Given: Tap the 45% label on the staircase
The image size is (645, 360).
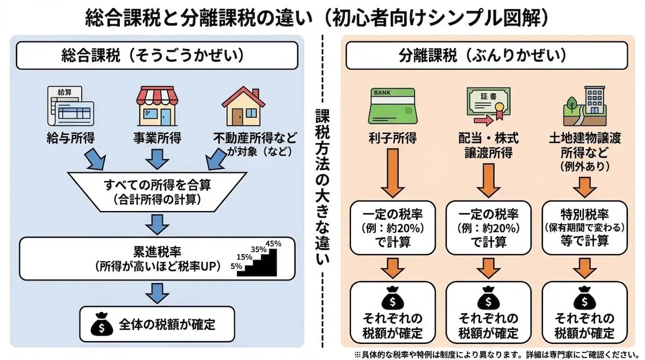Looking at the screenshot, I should (273, 243).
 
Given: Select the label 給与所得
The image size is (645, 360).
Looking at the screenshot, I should (70, 138).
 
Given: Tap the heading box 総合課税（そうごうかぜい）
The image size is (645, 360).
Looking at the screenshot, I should (157, 55).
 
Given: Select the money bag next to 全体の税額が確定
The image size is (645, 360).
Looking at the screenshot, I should (102, 324).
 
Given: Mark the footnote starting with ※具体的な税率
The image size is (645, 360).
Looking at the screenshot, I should (497, 354).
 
